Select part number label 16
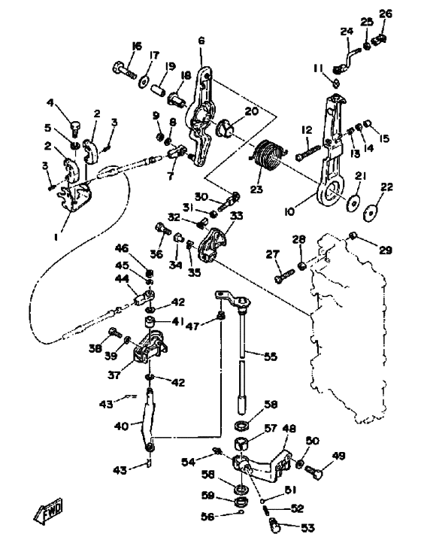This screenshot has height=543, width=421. (x=137, y=46)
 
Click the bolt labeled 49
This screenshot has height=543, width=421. (x=313, y=472)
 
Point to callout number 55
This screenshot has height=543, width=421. (x=271, y=356)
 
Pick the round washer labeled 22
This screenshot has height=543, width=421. (x=371, y=211)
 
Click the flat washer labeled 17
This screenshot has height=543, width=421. (x=144, y=82)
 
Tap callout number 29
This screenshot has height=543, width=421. (x=386, y=250)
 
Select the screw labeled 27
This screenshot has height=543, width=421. (x=285, y=276)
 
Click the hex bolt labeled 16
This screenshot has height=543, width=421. (x=124, y=70)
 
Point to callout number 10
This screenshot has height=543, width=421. (x=289, y=211)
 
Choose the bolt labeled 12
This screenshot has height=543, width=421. (x=308, y=153)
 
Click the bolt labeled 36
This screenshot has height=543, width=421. (x=162, y=229)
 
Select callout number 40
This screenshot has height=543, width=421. (x=120, y=426)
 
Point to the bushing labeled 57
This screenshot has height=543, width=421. (x=242, y=444)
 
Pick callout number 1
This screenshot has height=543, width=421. (x=56, y=237)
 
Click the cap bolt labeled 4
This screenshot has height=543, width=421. (x=76, y=129)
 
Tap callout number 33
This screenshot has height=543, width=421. (x=237, y=216)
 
